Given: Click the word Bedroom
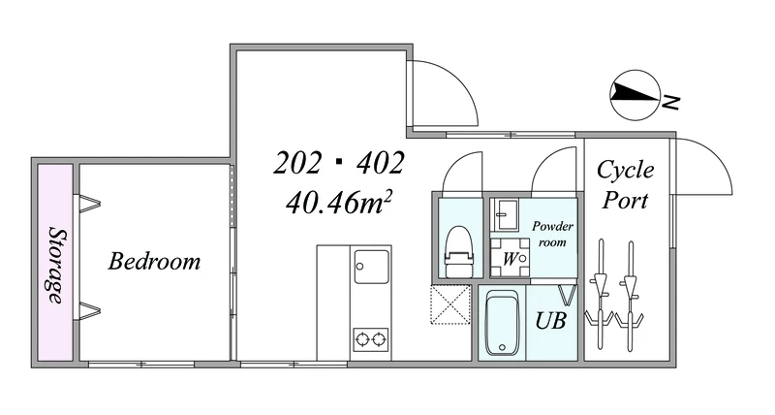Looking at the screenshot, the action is (x=154, y=261).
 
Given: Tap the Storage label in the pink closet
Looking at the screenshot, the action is (x=56, y=266).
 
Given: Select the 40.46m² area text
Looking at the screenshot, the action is (x=339, y=203).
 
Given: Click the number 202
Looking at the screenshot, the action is (x=296, y=163).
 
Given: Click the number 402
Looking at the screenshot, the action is (x=380, y=163).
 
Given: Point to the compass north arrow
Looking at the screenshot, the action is (x=635, y=94).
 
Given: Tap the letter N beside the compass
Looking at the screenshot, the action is (x=670, y=102).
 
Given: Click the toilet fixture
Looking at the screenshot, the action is (x=459, y=251).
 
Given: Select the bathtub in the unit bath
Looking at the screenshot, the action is (x=502, y=324).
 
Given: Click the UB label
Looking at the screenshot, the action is (x=550, y=321).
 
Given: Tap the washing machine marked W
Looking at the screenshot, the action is (x=511, y=258).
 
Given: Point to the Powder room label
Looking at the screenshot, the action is (x=552, y=234).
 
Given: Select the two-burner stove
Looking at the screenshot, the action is (x=371, y=339).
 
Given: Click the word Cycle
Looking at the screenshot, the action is (x=625, y=171).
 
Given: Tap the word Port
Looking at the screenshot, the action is (x=625, y=201).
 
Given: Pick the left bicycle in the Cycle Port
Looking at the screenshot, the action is (x=601, y=295).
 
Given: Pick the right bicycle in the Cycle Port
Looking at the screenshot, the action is (x=630, y=296).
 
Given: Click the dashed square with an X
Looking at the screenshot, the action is (x=449, y=304).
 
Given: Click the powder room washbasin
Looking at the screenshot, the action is (x=504, y=214).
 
